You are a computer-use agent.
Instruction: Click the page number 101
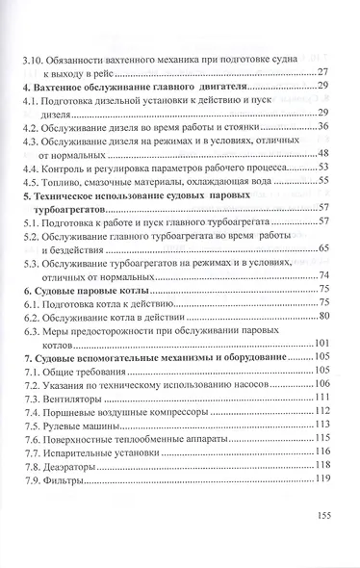click(322, 344)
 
